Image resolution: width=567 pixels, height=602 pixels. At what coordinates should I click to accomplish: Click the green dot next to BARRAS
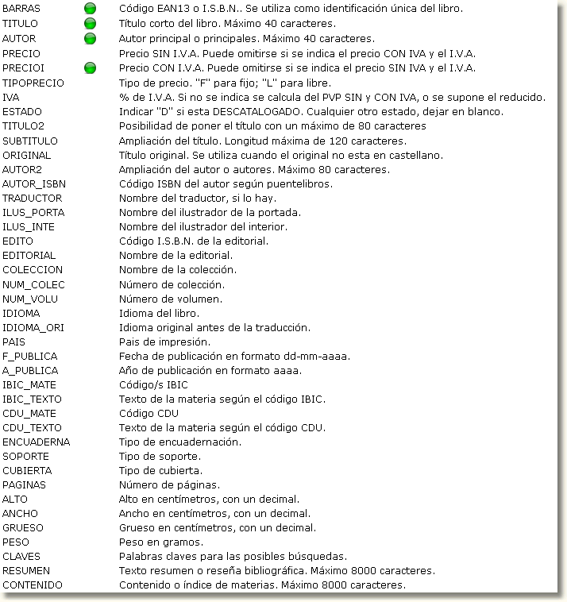90,10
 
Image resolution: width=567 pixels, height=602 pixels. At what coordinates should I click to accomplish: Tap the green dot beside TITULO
90,24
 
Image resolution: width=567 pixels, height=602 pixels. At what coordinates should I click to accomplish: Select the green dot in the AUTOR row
90,38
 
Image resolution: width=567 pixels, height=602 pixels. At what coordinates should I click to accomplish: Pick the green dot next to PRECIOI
90,68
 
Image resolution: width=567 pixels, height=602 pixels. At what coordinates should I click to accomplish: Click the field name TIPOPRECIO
33,83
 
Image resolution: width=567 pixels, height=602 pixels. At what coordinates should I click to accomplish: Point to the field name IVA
11,98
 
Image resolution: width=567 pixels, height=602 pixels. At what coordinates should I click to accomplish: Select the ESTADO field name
22,112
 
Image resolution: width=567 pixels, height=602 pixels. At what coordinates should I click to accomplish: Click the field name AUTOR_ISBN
34,184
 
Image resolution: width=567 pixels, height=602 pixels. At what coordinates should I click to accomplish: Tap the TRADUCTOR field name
32,199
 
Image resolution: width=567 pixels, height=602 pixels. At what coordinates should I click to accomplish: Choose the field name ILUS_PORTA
33,213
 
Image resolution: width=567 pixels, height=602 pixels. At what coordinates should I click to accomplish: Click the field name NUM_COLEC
33,284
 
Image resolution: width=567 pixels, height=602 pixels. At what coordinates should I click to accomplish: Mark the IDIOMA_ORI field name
33,327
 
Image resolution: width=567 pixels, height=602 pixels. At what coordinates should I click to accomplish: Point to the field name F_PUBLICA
30,356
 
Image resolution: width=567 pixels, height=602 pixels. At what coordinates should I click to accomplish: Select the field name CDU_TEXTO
32,428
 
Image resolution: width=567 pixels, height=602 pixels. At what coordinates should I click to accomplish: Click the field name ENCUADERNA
37,442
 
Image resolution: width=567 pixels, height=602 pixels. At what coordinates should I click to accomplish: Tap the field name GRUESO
23,528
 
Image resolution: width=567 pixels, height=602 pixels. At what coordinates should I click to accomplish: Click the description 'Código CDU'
148,414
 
